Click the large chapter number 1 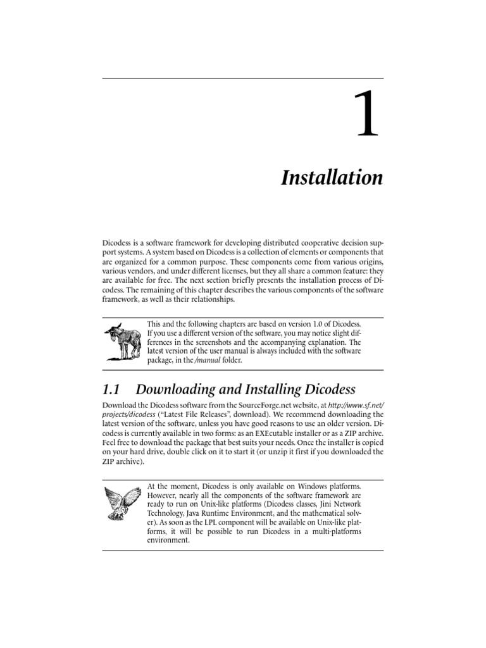click(367, 114)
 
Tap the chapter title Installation click(332, 178)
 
